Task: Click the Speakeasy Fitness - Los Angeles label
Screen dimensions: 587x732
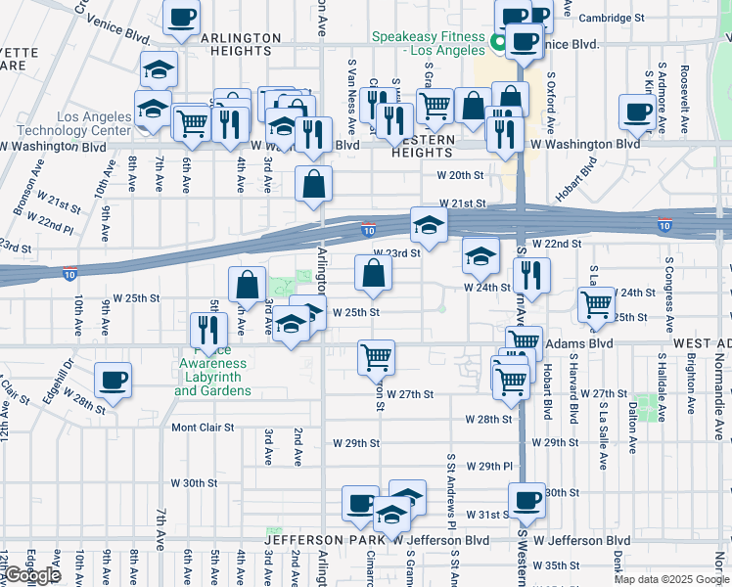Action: tap(428, 43)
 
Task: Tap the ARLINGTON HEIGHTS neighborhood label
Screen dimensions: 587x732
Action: tap(226, 45)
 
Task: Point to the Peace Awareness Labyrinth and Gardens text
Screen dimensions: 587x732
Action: tap(212, 377)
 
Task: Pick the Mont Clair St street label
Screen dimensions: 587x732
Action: tap(204, 428)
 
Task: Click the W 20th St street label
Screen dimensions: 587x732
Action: tap(461, 175)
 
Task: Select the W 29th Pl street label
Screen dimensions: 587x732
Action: tap(490, 467)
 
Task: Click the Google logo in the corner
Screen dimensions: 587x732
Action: tap(33, 575)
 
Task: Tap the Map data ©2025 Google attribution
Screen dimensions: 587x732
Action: tap(671, 579)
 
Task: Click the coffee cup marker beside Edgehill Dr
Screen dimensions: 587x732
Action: tap(113, 380)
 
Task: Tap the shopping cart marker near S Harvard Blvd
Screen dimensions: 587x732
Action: tap(595, 304)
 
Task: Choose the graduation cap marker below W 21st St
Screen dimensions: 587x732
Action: tap(428, 226)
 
